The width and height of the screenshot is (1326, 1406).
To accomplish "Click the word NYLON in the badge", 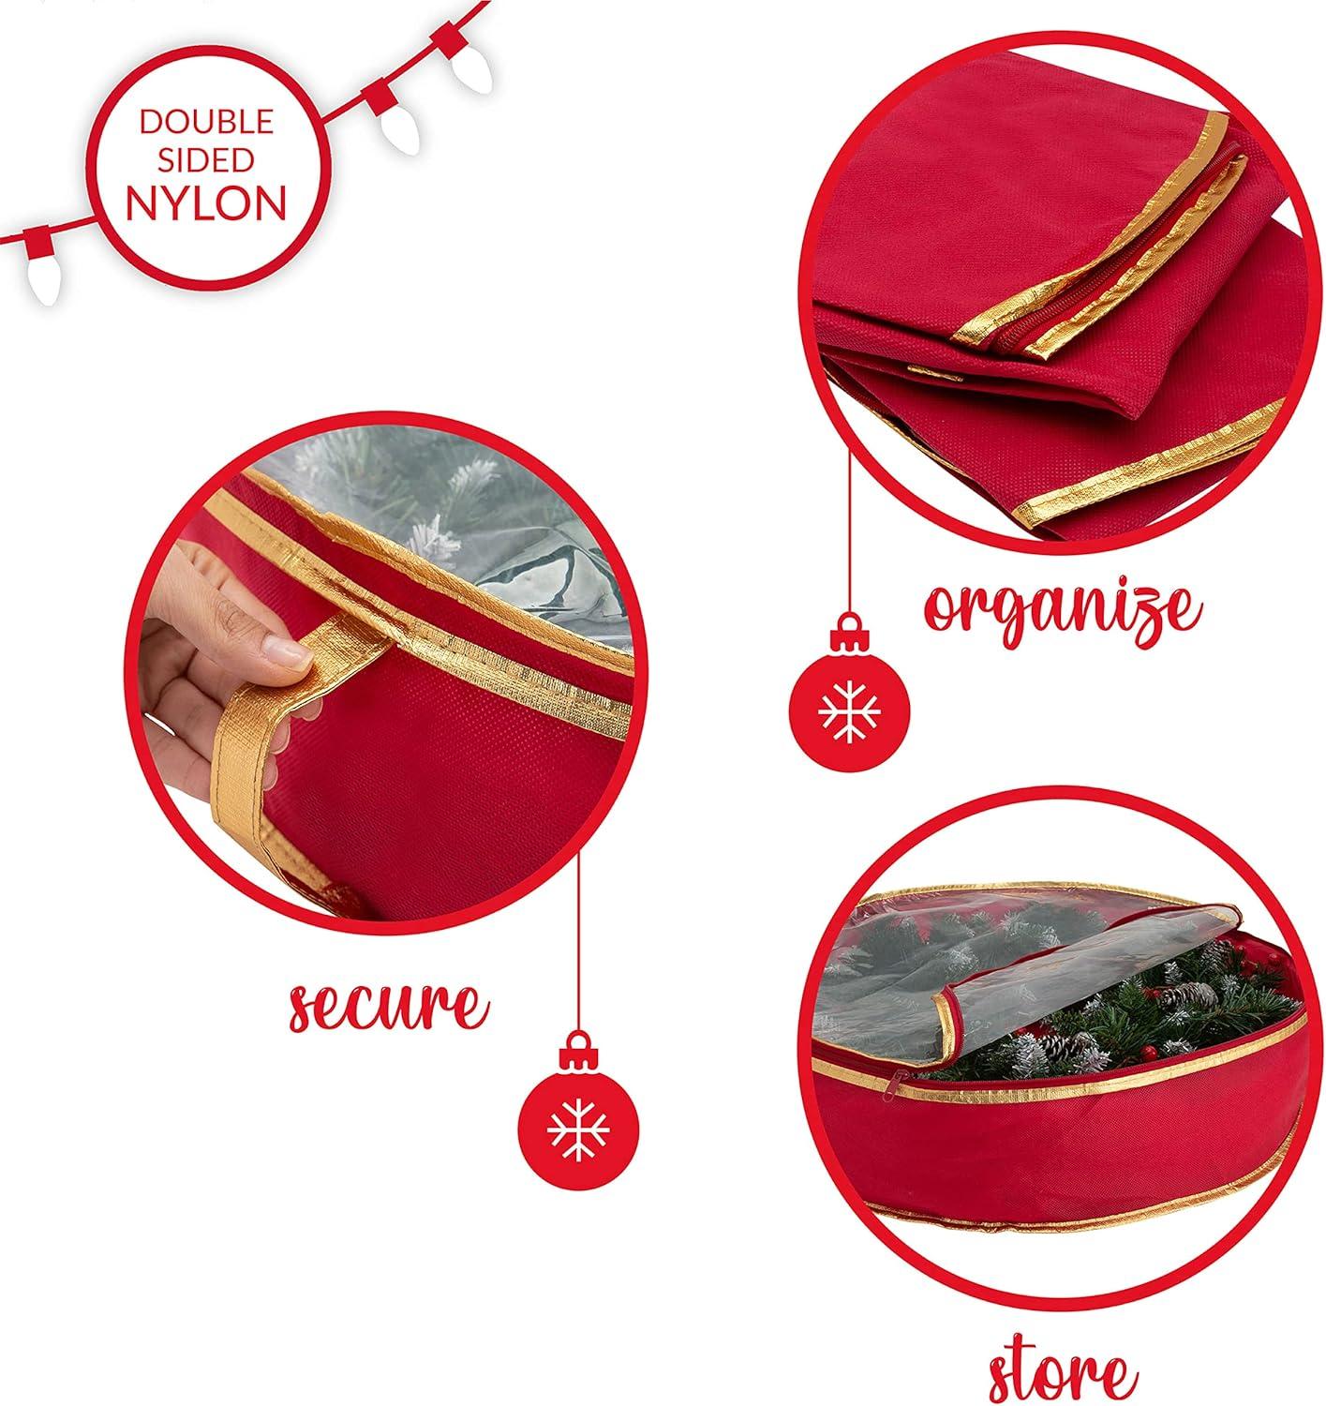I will pyautogui.click(x=206, y=203).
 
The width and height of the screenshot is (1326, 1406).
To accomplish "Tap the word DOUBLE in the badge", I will pyautogui.click(x=206, y=121).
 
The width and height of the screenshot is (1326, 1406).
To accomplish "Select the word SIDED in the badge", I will pyautogui.click(x=206, y=159).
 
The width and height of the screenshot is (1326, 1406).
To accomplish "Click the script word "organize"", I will pyautogui.click(x=1062, y=610).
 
